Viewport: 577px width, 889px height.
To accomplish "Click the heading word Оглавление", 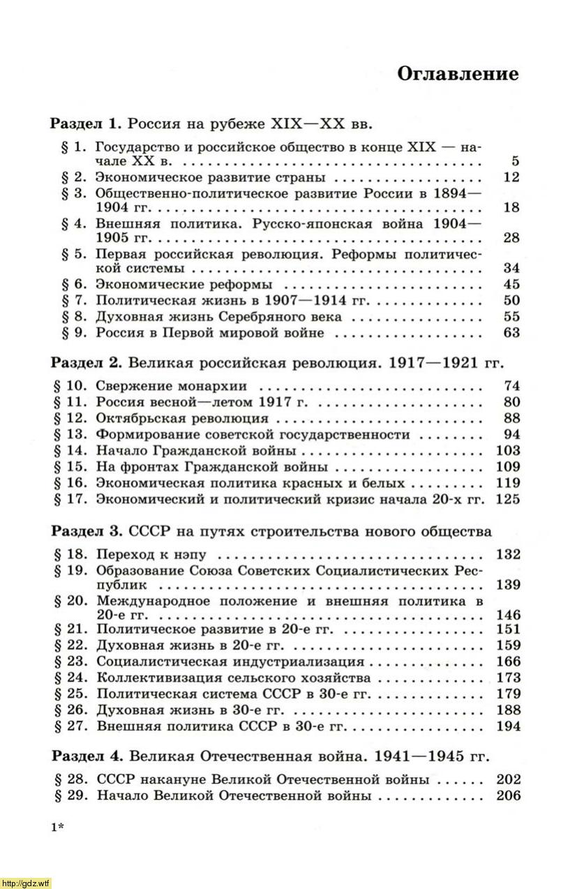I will [458, 75].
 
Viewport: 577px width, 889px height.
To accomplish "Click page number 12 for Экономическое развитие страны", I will [511, 177].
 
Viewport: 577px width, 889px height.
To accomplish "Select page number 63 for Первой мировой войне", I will [511, 333].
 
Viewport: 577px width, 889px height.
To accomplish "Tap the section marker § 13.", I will [68, 434].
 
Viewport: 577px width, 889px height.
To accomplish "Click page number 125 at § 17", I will [507, 499].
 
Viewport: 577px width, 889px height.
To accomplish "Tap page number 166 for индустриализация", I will [507, 662].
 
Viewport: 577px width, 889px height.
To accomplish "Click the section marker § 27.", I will [68, 726].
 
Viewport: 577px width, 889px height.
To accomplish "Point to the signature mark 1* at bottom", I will [57, 828].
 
